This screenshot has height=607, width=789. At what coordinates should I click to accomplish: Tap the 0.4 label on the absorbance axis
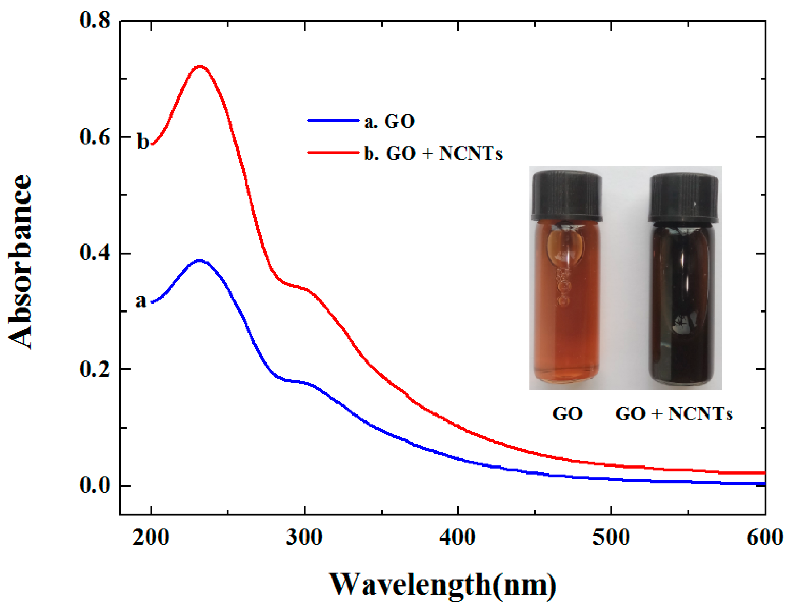(x=95, y=253)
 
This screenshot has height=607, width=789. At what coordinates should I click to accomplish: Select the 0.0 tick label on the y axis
(x=95, y=486)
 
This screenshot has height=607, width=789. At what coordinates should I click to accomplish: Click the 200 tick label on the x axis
(x=151, y=538)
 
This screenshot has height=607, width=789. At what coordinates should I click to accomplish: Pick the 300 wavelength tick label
(x=304, y=538)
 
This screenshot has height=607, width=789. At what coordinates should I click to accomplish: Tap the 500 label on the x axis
(x=611, y=538)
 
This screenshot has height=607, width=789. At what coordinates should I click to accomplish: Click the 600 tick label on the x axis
(x=764, y=538)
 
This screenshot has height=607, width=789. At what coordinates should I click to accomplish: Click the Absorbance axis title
(x=20, y=262)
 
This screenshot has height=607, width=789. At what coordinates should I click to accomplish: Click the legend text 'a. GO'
(x=390, y=121)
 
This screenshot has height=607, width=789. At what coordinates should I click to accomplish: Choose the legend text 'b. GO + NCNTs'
(x=433, y=153)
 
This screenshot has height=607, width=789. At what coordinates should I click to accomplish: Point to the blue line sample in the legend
(x=333, y=120)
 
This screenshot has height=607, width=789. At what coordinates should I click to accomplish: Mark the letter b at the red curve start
(x=143, y=142)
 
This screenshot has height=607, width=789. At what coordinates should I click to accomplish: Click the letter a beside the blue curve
(x=141, y=300)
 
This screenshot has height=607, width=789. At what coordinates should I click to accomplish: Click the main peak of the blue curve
(x=199, y=260)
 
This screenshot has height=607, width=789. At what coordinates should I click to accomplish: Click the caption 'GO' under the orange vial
(x=568, y=414)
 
